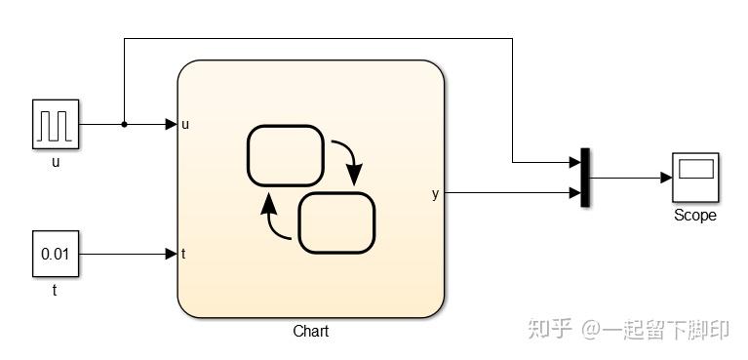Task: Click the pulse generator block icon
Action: [56, 125]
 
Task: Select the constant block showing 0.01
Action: [56, 255]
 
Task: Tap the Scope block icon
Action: [695, 178]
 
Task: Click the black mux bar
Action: [585, 178]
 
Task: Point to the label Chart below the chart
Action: [310, 332]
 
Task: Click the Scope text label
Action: [695, 216]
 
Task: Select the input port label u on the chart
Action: [185, 125]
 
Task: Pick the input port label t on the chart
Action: [183, 255]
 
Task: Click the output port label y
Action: [435, 194]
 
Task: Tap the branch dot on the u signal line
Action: [124, 125]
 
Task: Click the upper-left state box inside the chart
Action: [285, 155]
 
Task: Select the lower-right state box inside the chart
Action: [336, 222]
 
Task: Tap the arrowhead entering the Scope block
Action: [666, 178]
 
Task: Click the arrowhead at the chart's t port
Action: [172, 255]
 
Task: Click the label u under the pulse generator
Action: [56, 162]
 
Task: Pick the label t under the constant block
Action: [56, 290]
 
